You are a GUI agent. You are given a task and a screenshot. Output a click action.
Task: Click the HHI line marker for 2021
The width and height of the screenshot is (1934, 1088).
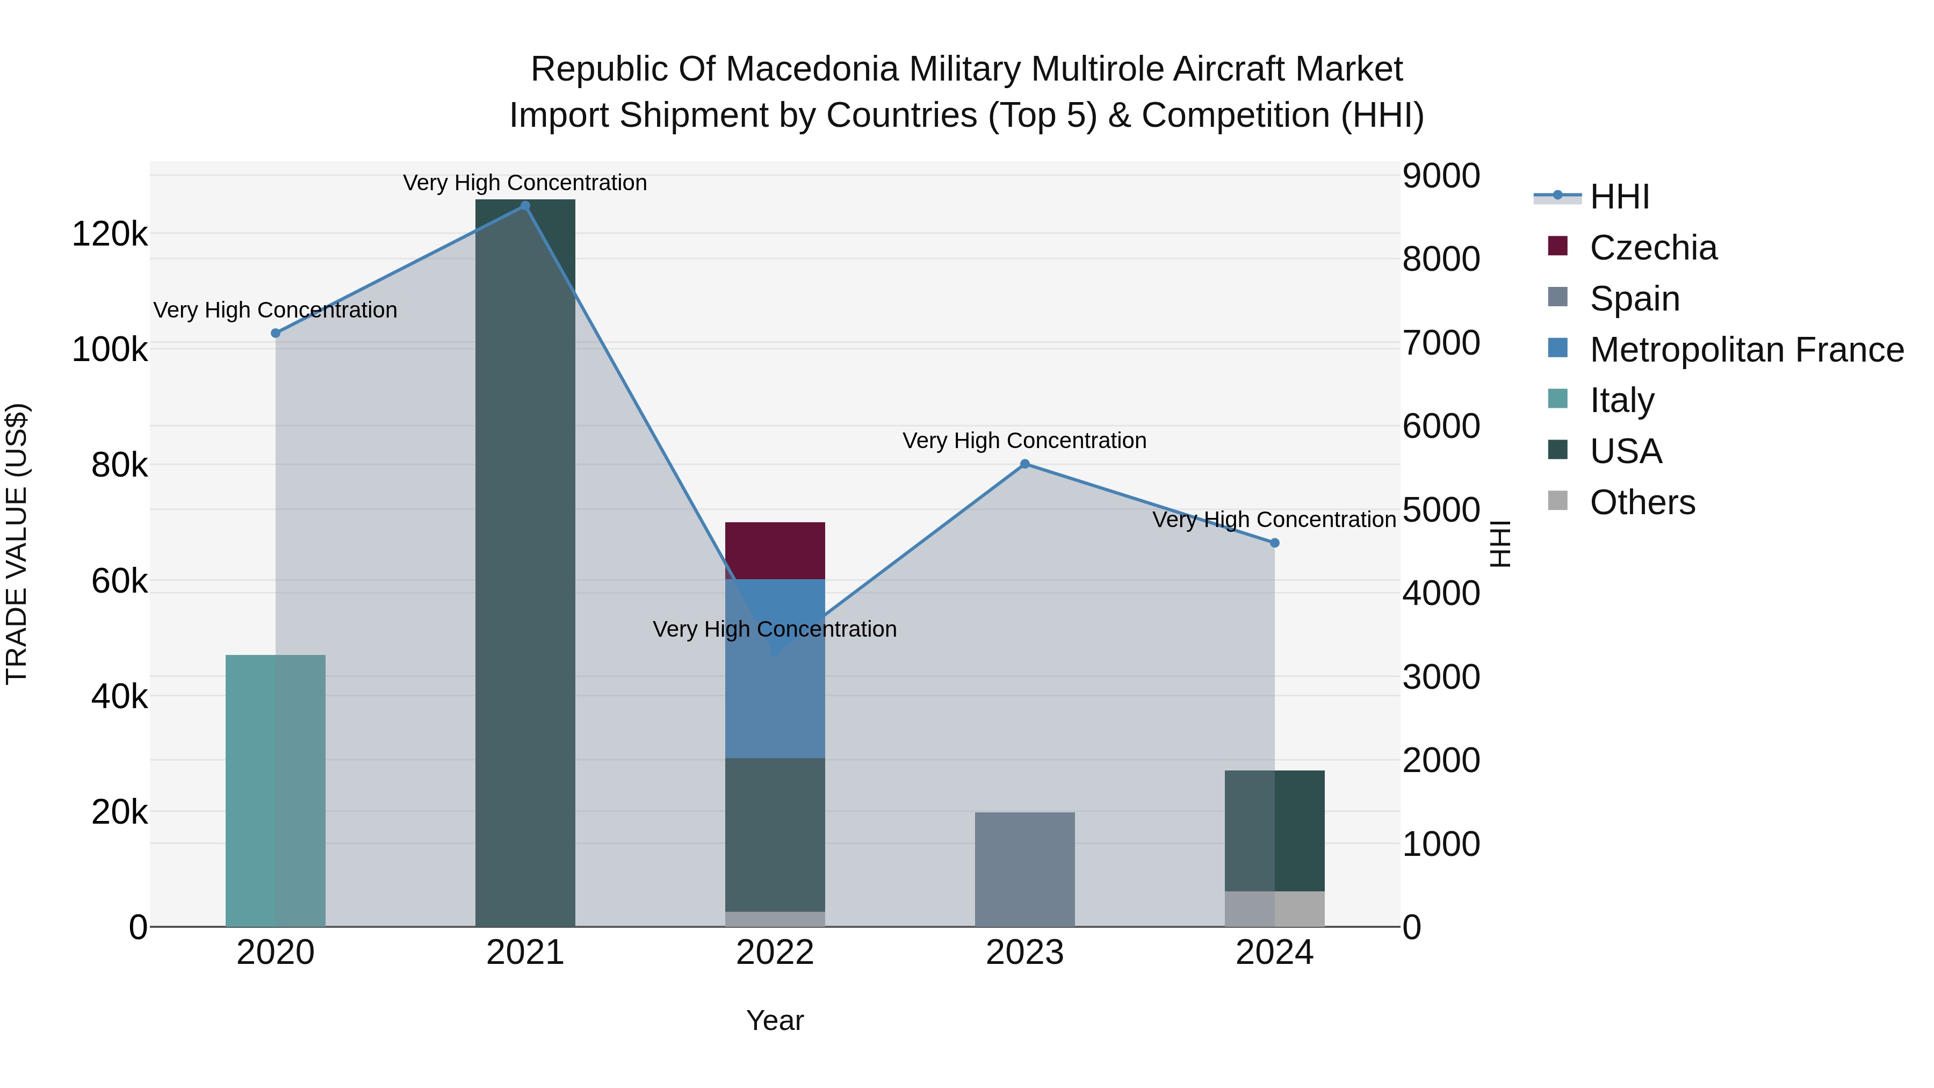(x=525, y=206)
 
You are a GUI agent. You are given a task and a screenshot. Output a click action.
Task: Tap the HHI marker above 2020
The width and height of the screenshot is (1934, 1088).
(x=276, y=333)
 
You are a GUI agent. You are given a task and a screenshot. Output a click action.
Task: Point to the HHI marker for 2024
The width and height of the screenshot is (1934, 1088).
(x=1274, y=543)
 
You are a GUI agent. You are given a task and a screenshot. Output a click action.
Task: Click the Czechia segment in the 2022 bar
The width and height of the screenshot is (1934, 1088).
(x=775, y=550)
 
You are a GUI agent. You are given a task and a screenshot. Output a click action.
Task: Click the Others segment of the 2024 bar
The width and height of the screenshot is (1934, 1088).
(x=1274, y=909)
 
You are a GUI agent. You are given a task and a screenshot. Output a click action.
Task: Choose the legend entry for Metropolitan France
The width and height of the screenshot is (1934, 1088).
(x=1747, y=350)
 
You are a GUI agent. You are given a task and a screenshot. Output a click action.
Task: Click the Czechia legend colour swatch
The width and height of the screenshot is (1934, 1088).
(x=1558, y=246)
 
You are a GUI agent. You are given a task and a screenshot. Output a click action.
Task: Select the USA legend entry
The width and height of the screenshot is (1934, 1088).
(x=1626, y=451)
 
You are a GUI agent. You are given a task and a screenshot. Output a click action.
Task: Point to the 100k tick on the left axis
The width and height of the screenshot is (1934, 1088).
(x=110, y=350)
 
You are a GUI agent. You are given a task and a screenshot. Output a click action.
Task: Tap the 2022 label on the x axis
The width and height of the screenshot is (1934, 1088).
(x=775, y=953)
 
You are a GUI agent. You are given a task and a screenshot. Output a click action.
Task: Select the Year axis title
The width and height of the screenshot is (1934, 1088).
(x=775, y=1020)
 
